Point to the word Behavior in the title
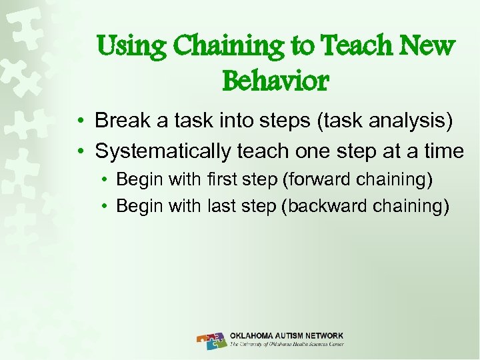click(x=275, y=81)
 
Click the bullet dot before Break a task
click(x=79, y=121)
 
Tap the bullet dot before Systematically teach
click(x=79, y=152)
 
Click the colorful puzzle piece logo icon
click(x=211, y=341)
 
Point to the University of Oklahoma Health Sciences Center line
click(x=287, y=345)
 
